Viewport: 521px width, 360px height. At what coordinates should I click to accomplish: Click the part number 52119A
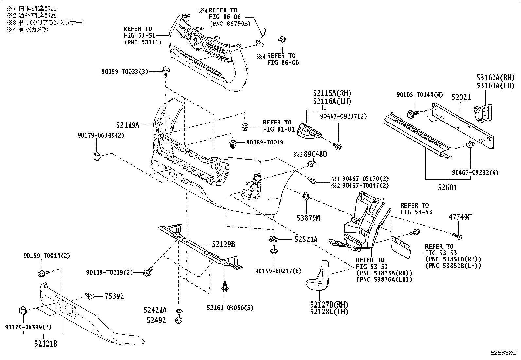point(128,125)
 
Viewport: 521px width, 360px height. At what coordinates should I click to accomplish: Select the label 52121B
point(46,344)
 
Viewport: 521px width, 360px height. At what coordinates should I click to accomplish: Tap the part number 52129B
point(223,244)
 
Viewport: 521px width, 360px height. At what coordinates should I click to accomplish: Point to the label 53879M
point(308,218)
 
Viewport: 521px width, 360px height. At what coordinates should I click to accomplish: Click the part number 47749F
point(460,217)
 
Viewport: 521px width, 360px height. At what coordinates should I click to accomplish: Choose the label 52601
point(447,187)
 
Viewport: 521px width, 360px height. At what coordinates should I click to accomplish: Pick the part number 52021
point(461,97)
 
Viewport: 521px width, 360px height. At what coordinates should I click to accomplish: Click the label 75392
point(114,296)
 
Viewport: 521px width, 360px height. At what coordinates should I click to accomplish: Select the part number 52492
point(156,320)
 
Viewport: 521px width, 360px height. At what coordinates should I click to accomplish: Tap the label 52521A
point(306,239)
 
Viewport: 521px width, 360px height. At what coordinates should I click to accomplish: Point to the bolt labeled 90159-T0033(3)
point(166,72)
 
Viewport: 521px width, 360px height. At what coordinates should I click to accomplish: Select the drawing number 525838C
point(504,353)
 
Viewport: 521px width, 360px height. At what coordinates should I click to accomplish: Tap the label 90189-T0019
point(265,142)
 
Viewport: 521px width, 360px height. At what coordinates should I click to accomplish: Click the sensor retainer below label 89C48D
point(313,164)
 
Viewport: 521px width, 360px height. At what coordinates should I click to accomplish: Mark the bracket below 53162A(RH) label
point(483,113)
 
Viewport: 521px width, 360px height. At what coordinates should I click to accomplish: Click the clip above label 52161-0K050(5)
point(225,287)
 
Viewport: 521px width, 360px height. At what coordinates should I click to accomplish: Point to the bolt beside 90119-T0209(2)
point(148,272)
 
